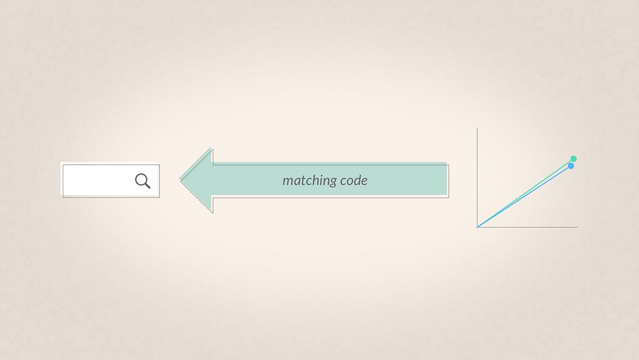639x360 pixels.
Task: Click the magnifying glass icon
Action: (142, 181)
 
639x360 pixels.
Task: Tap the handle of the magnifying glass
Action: (147, 185)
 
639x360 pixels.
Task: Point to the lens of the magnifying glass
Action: (141, 180)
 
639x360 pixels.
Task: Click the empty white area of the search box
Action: (96, 180)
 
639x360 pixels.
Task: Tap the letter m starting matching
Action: (288, 181)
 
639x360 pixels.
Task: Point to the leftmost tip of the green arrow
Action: (181, 180)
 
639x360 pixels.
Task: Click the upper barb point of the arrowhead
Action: (211, 149)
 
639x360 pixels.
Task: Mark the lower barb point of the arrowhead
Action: (211, 211)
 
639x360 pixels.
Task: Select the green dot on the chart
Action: (573, 159)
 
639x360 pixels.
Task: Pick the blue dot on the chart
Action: (571, 166)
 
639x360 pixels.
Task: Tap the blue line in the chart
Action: (530, 194)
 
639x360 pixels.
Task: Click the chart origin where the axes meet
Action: (477, 226)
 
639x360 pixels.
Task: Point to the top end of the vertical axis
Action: (477, 129)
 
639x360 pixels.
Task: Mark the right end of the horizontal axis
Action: (577, 226)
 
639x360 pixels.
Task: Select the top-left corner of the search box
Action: (62, 164)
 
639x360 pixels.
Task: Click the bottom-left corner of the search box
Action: (62, 196)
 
